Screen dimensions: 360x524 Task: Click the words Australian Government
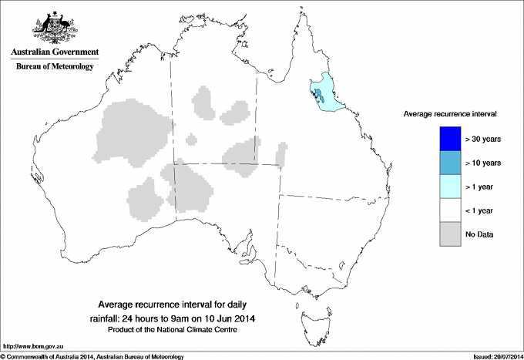(54, 52)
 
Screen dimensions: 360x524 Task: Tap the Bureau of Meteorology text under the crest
(54, 66)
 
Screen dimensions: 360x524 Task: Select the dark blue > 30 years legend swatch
(449, 139)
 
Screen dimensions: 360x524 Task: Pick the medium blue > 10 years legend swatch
(449, 163)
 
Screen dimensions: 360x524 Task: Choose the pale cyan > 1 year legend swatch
(449, 186)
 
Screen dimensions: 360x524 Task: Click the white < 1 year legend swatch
(449, 210)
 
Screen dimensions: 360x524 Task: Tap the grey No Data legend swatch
(449, 234)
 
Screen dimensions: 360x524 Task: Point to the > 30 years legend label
(483, 140)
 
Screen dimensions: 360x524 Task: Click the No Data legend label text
(479, 234)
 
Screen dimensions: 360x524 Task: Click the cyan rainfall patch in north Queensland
(329, 96)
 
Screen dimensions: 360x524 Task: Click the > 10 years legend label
(483, 163)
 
